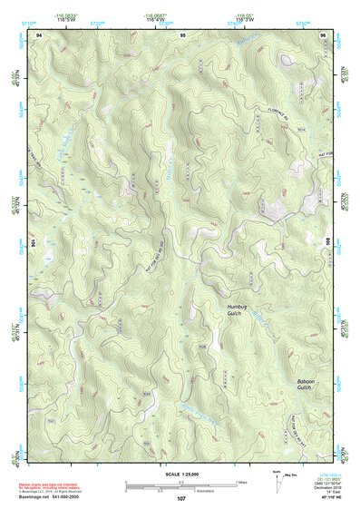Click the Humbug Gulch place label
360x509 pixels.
(238, 311)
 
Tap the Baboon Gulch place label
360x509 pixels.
(310, 386)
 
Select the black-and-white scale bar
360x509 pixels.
(180, 484)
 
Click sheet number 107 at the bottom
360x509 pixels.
(181, 499)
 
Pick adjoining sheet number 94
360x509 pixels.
(39, 33)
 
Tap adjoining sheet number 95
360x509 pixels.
(182, 33)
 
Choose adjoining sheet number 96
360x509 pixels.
(324, 33)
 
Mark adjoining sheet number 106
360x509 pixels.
(34, 243)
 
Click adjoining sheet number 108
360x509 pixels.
(328, 243)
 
